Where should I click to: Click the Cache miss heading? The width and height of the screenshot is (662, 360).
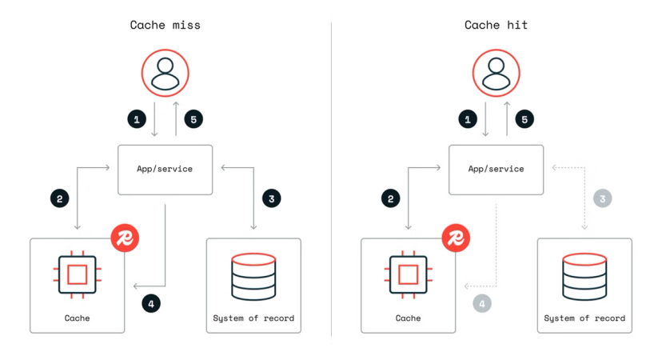click(165, 25)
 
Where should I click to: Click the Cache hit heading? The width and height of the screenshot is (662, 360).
click(496, 25)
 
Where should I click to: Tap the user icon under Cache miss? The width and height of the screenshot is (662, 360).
click(165, 73)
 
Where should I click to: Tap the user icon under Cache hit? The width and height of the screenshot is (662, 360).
click(496, 73)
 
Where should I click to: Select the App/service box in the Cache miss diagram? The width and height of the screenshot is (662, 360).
click(165, 170)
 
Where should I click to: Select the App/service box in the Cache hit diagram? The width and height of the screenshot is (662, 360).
click(496, 170)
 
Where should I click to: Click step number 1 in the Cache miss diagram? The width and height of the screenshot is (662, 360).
click(137, 119)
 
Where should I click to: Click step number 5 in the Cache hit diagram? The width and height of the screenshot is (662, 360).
click(524, 119)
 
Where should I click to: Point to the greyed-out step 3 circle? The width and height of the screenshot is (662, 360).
click(602, 198)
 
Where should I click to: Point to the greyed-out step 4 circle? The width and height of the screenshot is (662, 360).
click(481, 304)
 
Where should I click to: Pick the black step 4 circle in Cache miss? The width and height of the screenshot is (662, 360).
click(150, 304)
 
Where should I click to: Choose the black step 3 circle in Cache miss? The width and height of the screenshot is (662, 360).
click(271, 198)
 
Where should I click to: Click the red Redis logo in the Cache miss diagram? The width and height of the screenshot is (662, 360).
click(125, 238)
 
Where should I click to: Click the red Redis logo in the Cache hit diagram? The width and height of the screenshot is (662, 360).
click(456, 238)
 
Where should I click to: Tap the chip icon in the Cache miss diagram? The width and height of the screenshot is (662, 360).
click(77, 275)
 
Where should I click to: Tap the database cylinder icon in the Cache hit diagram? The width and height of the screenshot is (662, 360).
click(584, 275)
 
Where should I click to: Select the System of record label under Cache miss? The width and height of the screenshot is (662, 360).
click(253, 318)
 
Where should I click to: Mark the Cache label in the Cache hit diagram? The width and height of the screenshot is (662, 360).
click(408, 318)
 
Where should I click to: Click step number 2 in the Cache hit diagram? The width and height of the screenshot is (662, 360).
click(390, 198)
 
